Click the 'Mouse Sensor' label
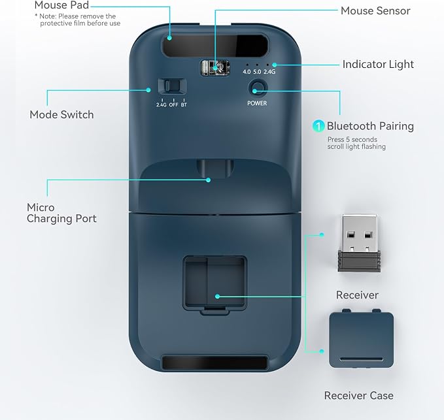pos(375,11)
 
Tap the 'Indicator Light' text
pos(378,64)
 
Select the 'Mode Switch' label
pos(61,114)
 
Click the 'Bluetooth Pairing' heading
pos(370,126)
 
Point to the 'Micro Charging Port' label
pos(61,213)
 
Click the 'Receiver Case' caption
pos(358,395)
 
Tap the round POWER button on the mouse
pos(258,88)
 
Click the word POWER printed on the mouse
pos(257,103)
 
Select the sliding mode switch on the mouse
pos(172,86)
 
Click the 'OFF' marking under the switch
pos(173,105)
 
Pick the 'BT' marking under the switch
pos(184,105)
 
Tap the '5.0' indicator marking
pos(257,72)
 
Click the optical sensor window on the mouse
pos(215,68)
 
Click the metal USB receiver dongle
pos(359,243)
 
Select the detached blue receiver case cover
pos(361,338)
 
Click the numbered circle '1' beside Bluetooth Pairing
pos(318,126)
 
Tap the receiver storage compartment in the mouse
pos(214,284)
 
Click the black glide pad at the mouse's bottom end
pos(215,363)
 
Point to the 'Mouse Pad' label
pos(61,5)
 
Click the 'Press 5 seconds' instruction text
pos(352,139)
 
